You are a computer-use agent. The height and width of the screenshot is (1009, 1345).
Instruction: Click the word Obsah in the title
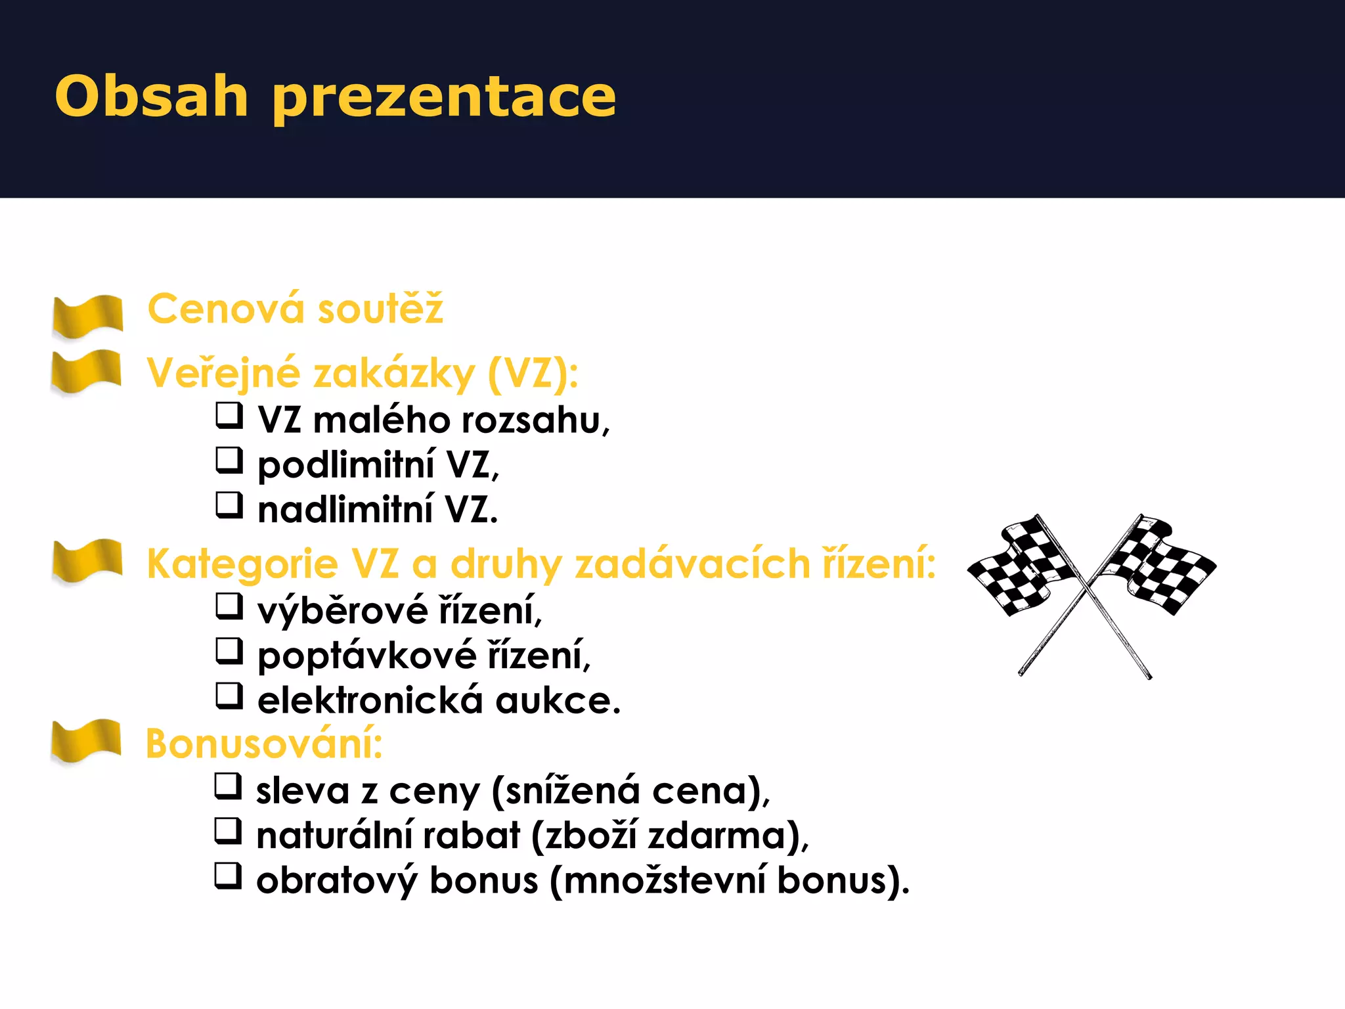tap(151, 96)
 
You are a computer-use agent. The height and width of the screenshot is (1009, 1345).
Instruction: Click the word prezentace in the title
tap(444, 99)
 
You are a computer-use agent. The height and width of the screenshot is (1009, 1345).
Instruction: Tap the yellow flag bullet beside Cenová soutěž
tap(88, 316)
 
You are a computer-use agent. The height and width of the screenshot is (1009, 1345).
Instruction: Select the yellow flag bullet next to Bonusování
tap(86, 742)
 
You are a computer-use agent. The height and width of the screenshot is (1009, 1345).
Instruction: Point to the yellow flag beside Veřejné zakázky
tap(86, 372)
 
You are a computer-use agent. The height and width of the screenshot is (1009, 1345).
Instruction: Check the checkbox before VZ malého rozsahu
tap(229, 416)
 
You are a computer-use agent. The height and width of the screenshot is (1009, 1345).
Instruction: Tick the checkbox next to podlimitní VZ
tap(229, 460)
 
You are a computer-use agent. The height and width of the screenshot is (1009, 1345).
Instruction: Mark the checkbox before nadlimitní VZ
tap(229, 505)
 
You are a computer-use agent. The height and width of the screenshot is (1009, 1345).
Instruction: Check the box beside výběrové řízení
tap(229, 606)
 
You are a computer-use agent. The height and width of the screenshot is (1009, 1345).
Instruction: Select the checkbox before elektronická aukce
tap(229, 696)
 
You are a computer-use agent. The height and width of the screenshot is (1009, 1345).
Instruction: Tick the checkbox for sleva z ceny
tap(228, 786)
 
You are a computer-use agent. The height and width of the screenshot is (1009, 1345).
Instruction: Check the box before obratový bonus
tap(228, 876)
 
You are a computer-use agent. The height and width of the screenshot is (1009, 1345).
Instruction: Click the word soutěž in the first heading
tap(380, 309)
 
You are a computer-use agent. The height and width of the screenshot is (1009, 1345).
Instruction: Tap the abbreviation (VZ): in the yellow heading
tap(533, 373)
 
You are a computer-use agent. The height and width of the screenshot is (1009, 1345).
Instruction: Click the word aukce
tap(558, 700)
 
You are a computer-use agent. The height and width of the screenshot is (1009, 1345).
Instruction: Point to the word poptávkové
tap(366, 656)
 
